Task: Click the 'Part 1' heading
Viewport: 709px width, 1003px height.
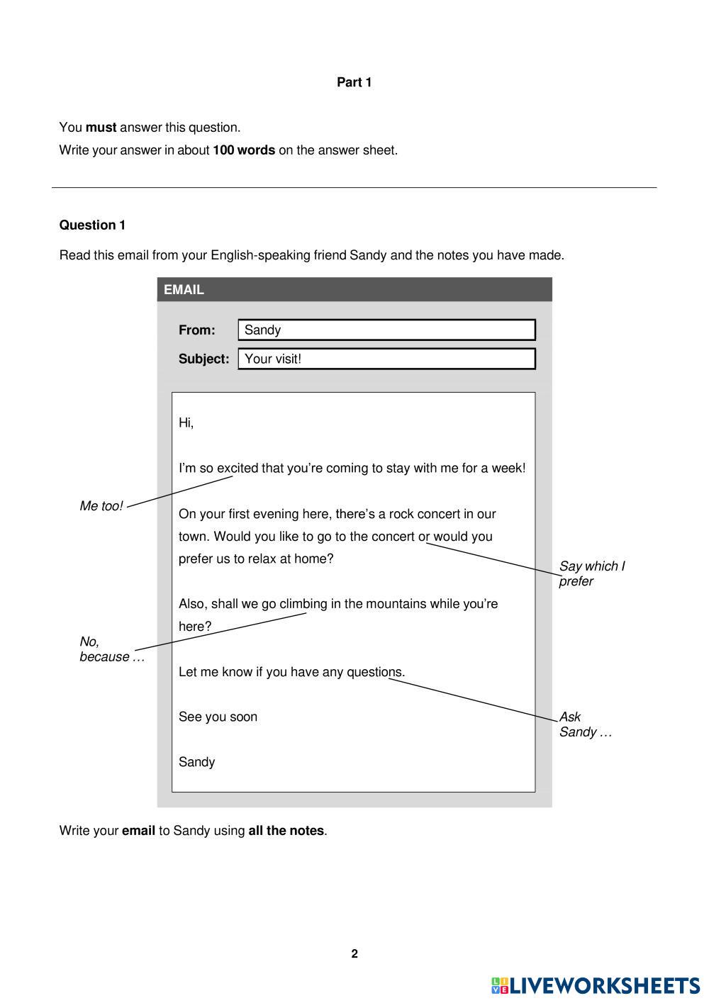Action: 354,82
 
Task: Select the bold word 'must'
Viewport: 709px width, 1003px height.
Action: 101,128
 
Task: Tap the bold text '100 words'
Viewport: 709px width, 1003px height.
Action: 244,150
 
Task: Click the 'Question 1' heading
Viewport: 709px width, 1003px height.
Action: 92,225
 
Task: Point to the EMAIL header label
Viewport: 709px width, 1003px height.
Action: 184,290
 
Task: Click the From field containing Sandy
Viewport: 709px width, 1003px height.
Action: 386,330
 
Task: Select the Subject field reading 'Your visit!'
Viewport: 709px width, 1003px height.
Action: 386,359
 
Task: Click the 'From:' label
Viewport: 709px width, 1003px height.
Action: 196,330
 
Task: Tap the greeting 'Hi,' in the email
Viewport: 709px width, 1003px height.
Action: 186,423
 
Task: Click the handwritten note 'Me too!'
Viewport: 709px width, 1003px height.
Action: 101,506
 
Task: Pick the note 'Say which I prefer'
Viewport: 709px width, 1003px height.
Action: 591,573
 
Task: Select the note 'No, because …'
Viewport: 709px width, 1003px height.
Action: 111,649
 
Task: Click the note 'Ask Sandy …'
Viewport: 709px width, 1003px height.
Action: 584,724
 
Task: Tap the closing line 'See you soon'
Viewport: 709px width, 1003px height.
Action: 218,717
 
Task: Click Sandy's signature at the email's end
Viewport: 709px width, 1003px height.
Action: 196,762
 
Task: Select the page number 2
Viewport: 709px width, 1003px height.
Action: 354,954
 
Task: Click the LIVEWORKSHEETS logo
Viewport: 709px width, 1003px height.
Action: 596,986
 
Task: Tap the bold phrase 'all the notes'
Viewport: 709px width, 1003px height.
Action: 286,831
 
